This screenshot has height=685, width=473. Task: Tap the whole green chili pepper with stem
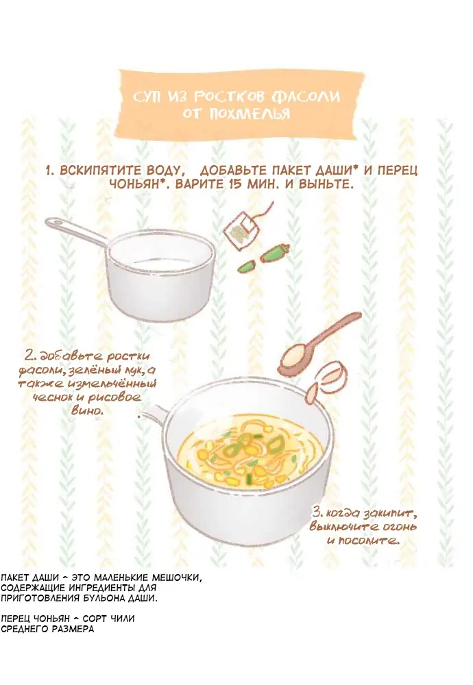point(274,254)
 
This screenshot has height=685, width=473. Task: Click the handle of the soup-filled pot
point(153,416)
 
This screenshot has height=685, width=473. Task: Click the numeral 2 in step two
point(29,356)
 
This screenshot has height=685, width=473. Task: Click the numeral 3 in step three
point(317,512)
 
